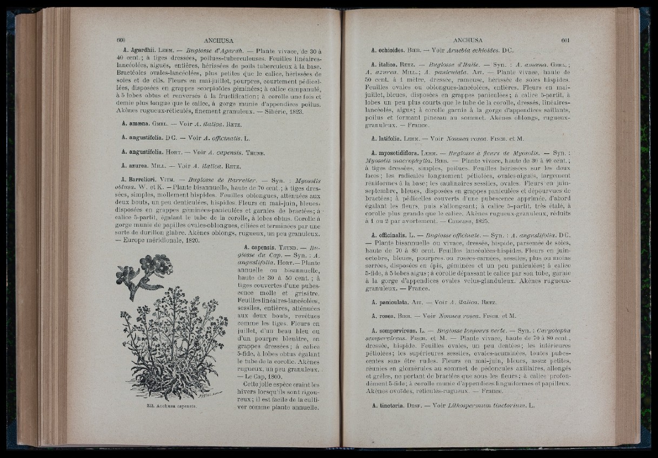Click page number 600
(121, 40)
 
